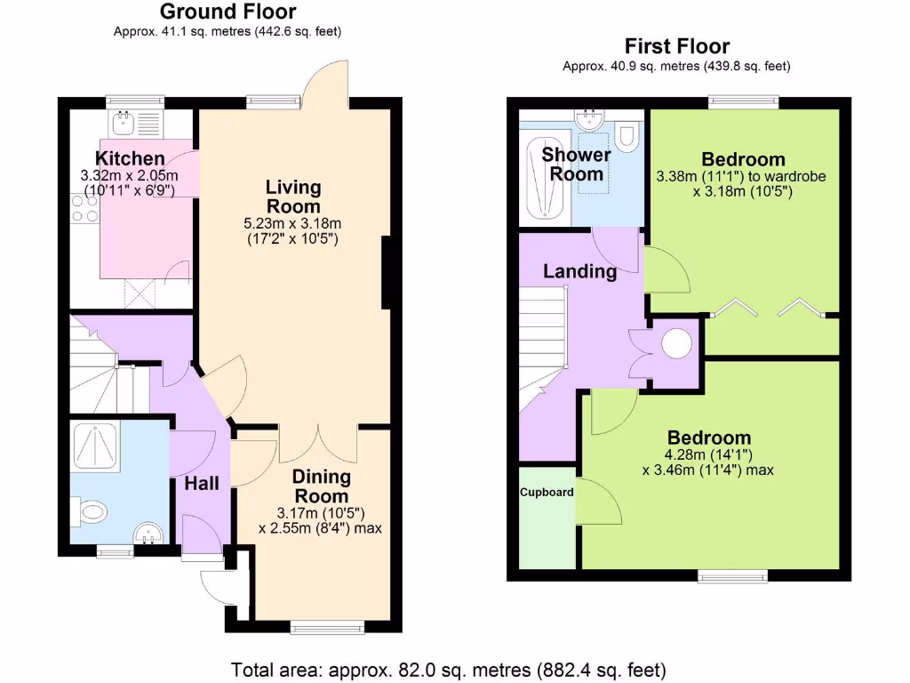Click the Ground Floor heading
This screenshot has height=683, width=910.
pos(227,12)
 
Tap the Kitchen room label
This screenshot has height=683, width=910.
pos(131,158)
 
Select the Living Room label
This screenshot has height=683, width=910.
pos(293,197)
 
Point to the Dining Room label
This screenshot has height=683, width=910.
pos(322,486)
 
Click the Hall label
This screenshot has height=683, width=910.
pos(203,484)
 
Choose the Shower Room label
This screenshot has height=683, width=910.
pos(576,164)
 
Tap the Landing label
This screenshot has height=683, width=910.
pos(579,271)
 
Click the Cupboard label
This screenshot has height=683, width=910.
pos(547,492)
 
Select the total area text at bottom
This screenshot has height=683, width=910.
pos(449,669)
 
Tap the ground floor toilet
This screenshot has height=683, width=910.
pos(92,512)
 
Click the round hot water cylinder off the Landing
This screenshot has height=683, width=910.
pos(675,342)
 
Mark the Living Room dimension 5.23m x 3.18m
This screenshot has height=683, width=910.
pos(293,223)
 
